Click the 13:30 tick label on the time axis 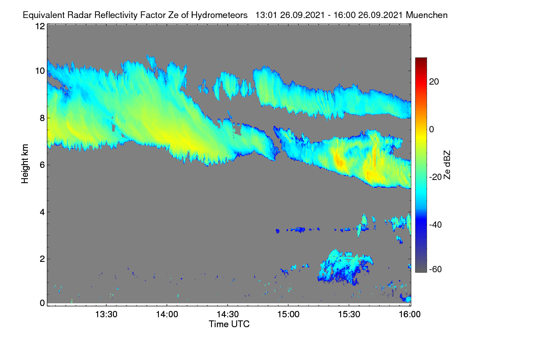point(106,315)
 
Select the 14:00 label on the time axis point(167,315)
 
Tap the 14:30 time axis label point(228,315)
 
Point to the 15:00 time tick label point(288,315)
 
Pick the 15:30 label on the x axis point(349,315)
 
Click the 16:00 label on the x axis point(409,315)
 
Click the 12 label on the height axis point(40,26)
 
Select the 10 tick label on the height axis point(40,71)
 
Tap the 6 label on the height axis point(42,165)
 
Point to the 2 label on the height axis point(42,259)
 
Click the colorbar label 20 point(434,82)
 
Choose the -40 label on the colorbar point(435,225)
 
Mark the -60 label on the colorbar point(435,270)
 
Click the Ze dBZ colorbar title point(447,165)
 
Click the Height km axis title point(25,164)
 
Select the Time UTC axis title point(229,324)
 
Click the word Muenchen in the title point(427,15)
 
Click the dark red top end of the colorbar point(421,59)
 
